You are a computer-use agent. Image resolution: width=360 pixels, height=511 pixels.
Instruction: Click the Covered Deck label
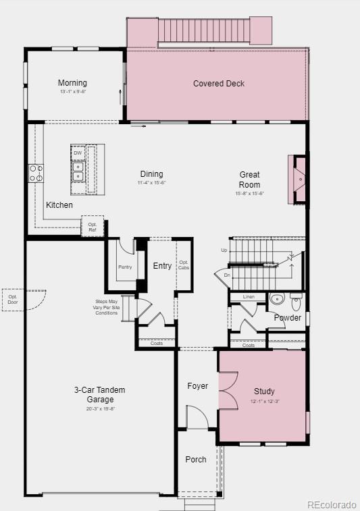tap(219, 84)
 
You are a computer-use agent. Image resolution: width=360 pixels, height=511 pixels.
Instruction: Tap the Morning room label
tap(72, 83)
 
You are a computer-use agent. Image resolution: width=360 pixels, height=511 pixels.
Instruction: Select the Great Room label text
tap(249, 180)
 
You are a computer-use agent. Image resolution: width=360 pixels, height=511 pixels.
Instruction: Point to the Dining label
tap(151, 174)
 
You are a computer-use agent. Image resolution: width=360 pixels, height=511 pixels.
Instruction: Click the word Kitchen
tap(59, 205)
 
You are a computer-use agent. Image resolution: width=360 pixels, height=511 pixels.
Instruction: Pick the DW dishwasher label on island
tap(78, 153)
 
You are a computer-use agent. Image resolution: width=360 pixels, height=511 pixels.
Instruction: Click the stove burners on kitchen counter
tap(36, 173)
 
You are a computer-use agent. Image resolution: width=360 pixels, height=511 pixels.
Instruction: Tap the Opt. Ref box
tap(93, 227)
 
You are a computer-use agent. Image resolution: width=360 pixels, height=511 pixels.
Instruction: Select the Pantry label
tap(125, 267)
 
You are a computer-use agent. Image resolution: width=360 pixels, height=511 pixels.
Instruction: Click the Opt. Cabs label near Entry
tap(184, 265)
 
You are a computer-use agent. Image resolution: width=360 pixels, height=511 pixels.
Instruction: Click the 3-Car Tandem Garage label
tap(100, 395)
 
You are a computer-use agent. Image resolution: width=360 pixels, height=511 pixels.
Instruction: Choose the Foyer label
tap(198, 386)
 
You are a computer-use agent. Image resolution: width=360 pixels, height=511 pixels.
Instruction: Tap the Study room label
tap(264, 392)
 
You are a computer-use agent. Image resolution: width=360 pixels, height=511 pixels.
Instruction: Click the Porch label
tap(196, 460)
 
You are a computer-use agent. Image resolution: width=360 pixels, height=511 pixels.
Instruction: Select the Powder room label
tap(287, 318)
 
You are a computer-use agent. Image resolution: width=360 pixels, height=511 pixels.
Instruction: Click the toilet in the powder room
tap(297, 301)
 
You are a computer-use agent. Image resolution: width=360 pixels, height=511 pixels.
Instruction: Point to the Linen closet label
tap(249, 297)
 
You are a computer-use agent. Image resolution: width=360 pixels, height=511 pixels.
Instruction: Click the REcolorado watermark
tap(331, 504)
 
